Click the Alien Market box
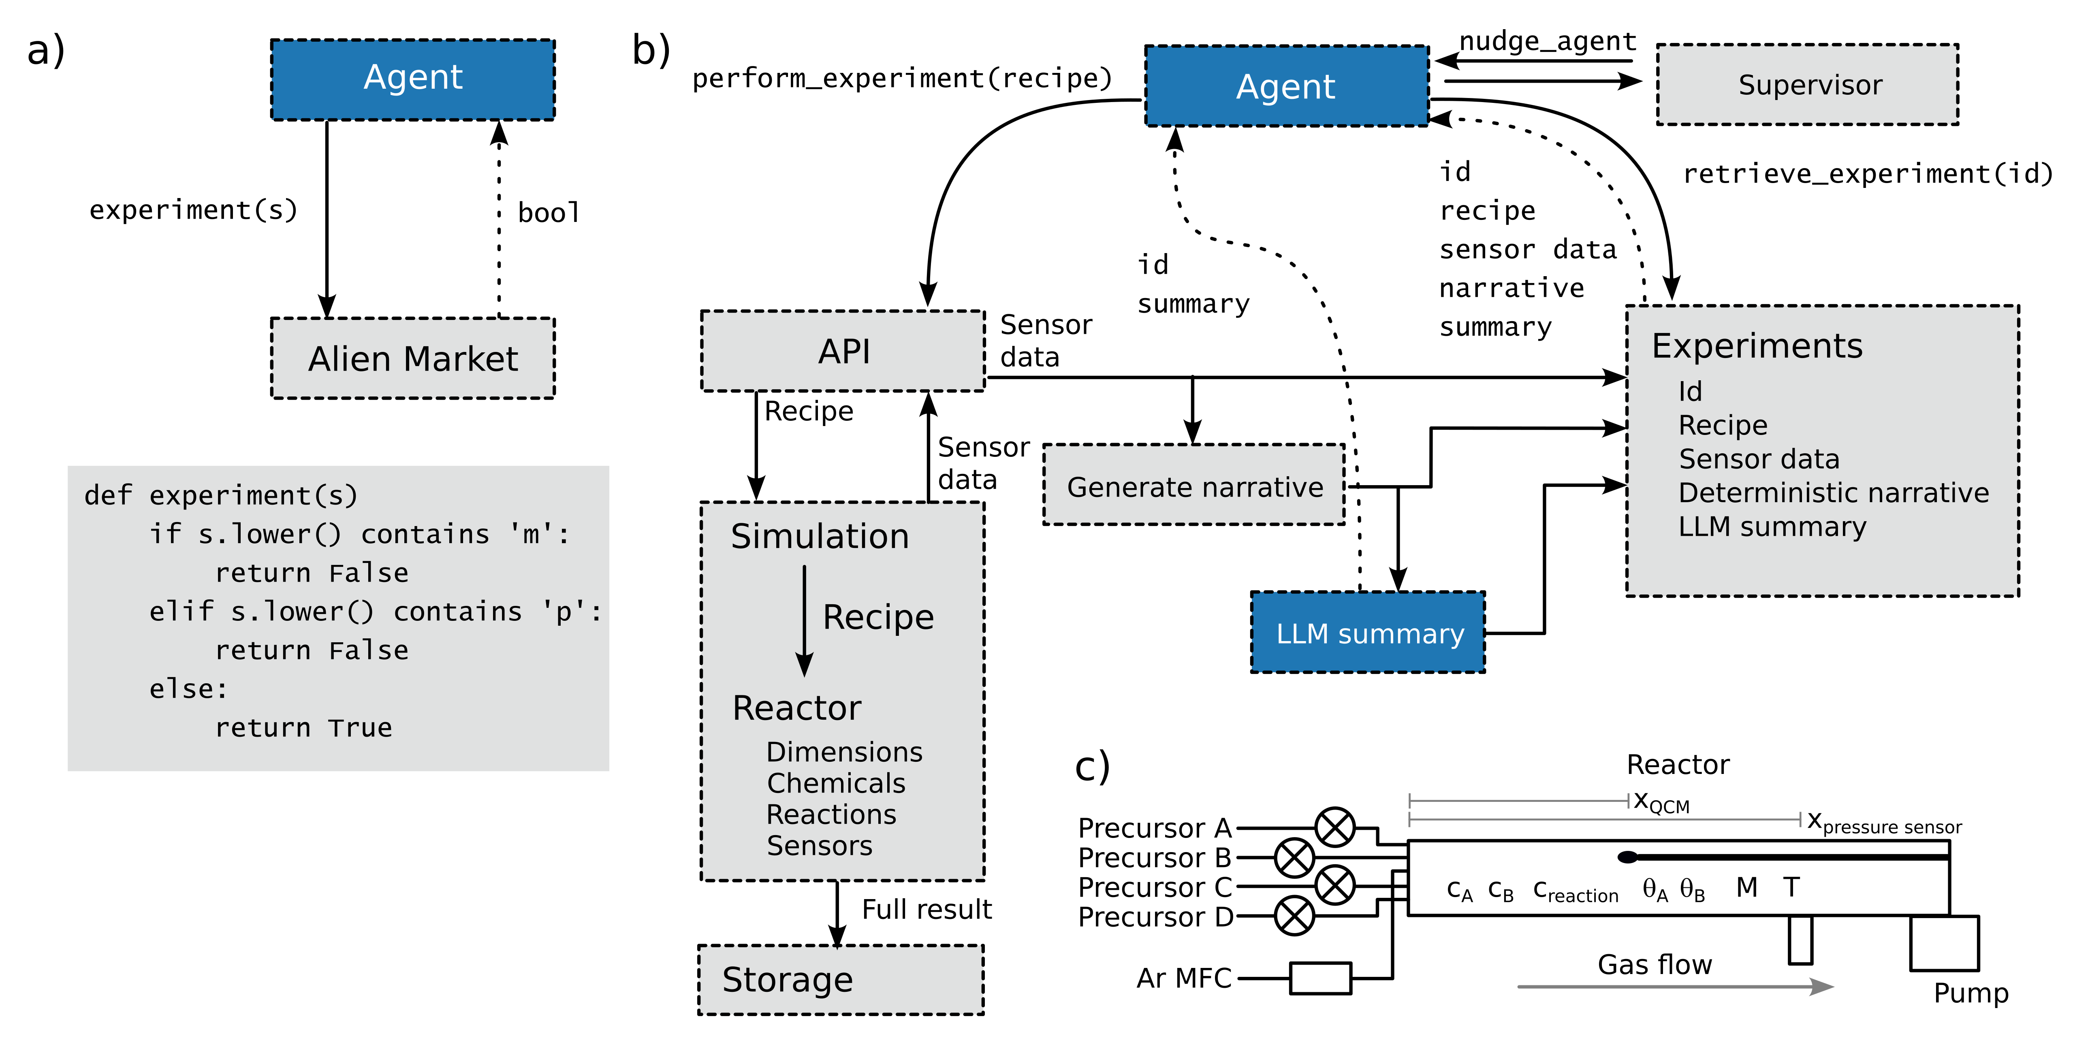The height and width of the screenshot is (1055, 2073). tap(413, 358)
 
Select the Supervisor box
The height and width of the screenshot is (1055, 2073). tap(1807, 85)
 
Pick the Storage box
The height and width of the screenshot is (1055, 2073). tap(841, 979)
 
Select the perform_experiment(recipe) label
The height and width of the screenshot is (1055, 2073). tap(901, 78)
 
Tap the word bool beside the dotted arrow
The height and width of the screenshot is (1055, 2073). tap(548, 213)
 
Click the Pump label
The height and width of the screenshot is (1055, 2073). tap(1971, 993)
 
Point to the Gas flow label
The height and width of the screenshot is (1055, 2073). tap(1655, 964)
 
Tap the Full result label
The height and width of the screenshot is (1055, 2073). tap(926, 909)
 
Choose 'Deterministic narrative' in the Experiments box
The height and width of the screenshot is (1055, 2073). tap(1833, 492)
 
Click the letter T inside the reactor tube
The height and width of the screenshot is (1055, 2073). tap(1791, 887)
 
